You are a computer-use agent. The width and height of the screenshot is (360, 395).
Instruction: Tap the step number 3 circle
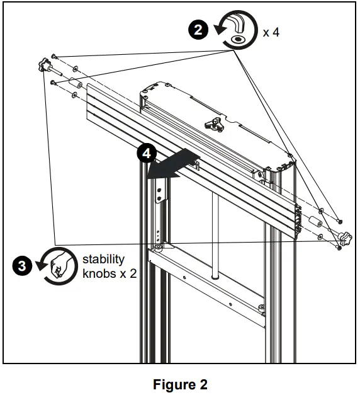click(x=22, y=265)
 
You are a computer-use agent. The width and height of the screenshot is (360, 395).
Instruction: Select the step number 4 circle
click(x=146, y=154)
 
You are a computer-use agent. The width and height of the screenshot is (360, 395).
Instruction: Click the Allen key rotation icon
click(x=236, y=32)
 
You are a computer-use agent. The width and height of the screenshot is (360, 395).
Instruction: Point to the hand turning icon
click(x=55, y=265)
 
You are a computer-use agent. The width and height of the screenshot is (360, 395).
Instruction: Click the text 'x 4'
click(x=271, y=33)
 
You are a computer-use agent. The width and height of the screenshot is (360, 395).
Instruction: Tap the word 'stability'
click(x=103, y=259)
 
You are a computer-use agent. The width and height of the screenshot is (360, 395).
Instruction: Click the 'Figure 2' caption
click(x=180, y=384)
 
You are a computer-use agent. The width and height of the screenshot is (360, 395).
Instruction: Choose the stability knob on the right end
click(x=344, y=239)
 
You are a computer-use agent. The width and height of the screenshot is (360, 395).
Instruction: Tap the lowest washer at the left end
click(x=75, y=95)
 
